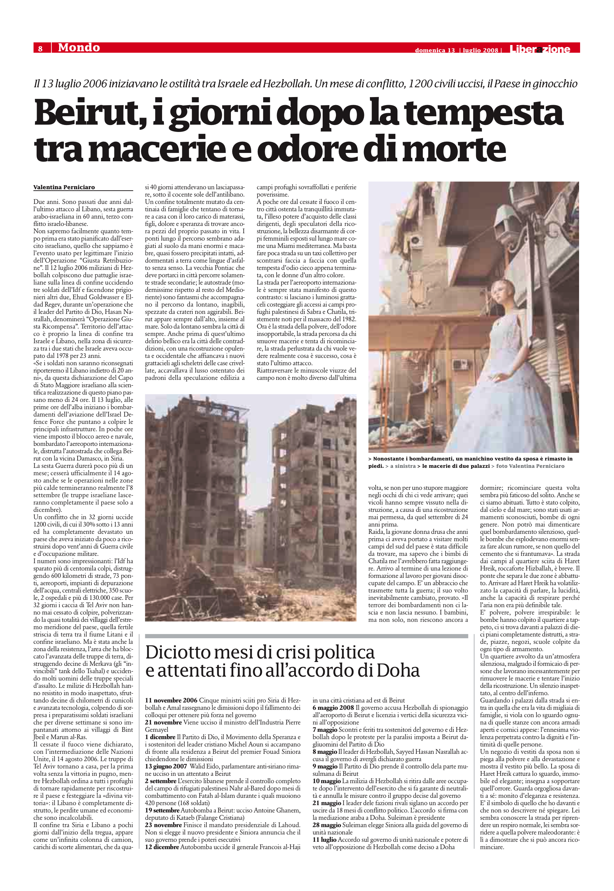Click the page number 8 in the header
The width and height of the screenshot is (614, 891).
click(x=40, y=48)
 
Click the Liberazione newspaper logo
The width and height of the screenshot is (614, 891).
click(x=540, y=49)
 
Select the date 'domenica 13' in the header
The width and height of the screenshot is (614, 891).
click(x=435, y=50)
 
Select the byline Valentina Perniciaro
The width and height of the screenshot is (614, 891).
click(x=64, y=187)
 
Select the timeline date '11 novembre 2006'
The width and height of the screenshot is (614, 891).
click(x=171, y=700)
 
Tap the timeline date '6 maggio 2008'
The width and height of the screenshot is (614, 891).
click(x=333, y=708)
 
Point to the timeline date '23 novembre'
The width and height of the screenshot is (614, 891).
click(x=163, y=825)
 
